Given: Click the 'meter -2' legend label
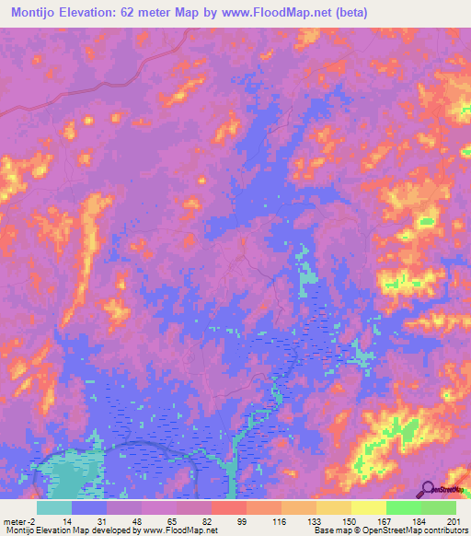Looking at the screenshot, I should [x=21, y=520].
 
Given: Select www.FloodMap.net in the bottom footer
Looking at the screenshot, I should [x=180, y=530].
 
